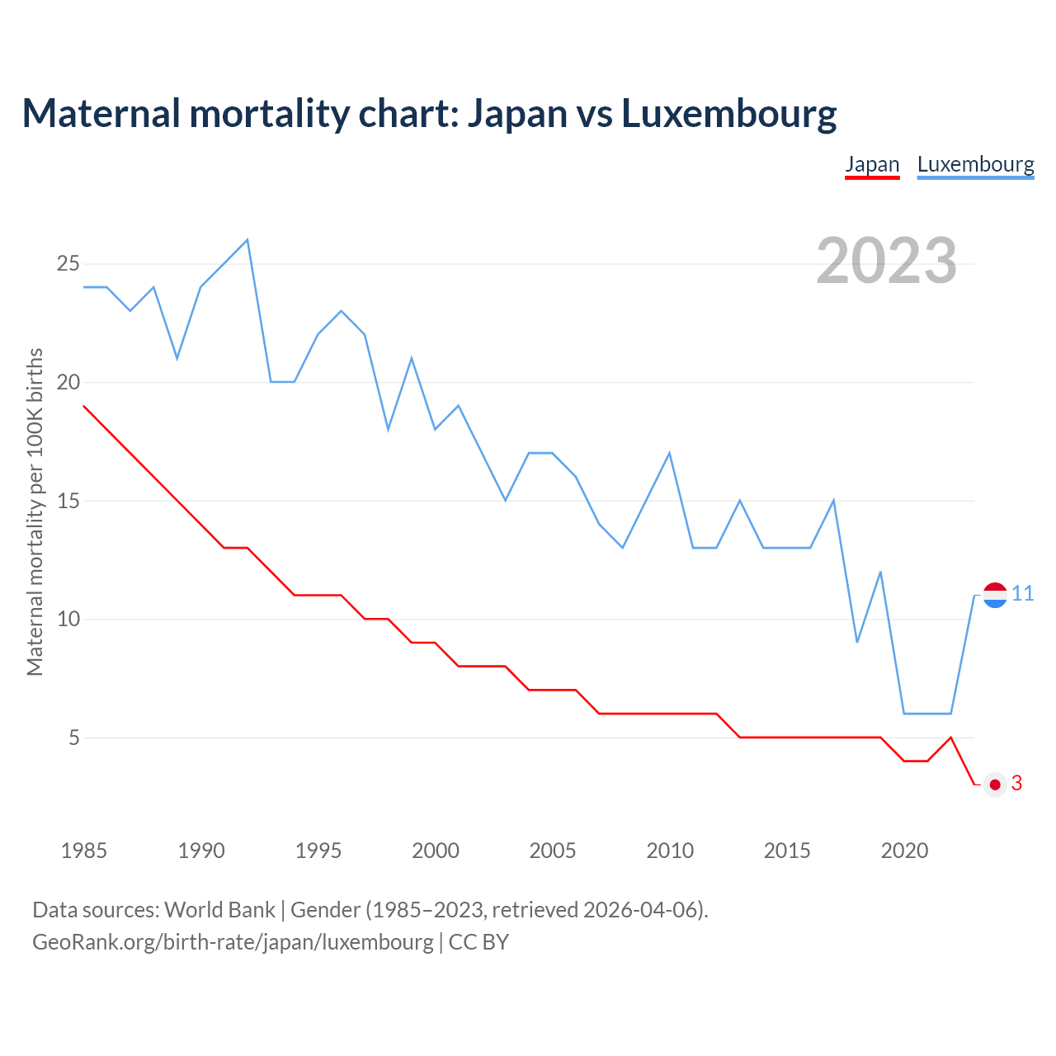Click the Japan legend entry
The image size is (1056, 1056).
[x=872, y=164]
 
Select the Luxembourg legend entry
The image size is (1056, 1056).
[x=975, y=164]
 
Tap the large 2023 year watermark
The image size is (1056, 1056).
[x=886, y=261]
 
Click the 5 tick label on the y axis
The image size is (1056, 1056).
[x=74, y=738]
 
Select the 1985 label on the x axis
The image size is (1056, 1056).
[x=84, y=851]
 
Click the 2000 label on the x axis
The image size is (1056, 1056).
[x=436, y=851]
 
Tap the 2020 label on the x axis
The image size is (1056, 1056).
[x=904, y=851]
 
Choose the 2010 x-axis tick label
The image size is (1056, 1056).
[x=670, y=851]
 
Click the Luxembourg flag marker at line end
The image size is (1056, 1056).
[x=995, y=595]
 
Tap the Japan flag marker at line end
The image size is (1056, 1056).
[x=995, y=785]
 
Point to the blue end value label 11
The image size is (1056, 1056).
[x=1023, y=594]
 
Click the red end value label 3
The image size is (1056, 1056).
[x=1016, y=784]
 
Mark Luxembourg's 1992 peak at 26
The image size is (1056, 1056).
[x=247, y=240]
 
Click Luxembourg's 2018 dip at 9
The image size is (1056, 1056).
[x=857, y=642]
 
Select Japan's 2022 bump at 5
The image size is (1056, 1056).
[x=951, y=738]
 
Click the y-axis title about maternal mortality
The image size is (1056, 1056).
[x=35, y=511]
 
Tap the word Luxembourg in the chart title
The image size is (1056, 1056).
[x=728, y=113]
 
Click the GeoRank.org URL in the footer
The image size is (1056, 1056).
[x=233, y=941]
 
